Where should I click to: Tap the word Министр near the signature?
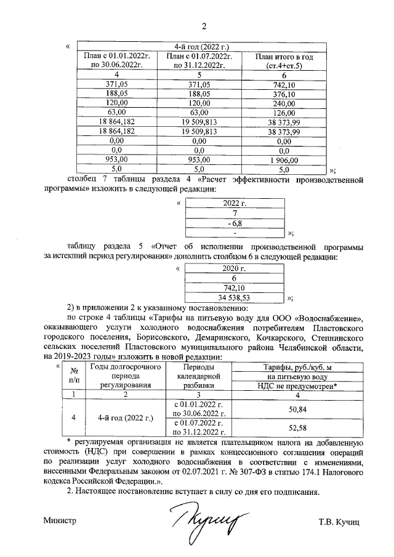coord(60,521)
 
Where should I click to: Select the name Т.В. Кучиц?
coord(338,521)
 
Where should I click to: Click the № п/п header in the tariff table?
coord(74,375)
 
